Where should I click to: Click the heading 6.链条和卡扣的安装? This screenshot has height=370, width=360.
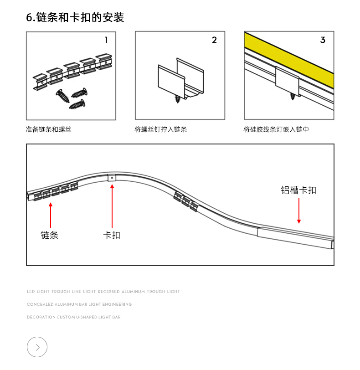(75, 18)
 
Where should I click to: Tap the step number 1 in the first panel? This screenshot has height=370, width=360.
(106, 40)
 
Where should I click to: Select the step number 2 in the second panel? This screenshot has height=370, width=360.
(214, 40)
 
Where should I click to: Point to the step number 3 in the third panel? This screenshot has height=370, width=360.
(323, 40)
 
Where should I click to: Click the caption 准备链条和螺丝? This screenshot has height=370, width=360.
(49, 129)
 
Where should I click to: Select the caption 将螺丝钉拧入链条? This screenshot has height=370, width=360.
(161, 129)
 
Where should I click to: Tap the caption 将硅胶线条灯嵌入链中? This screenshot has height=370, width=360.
(276, 129)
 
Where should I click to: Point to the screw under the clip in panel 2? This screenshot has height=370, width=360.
(178, 98)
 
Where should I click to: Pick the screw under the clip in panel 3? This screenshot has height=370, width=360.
(293, 96)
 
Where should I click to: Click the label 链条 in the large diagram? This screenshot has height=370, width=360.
(50, 235)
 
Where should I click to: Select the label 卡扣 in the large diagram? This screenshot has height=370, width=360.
(112, 235)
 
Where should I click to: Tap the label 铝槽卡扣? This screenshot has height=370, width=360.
(298, 190)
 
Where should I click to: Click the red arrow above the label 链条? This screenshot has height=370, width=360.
(51, 215)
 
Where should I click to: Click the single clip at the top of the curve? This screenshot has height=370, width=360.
(112, 178)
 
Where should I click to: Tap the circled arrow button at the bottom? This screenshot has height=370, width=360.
(37, 347)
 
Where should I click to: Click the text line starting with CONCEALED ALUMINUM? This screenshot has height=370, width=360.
(79, 304)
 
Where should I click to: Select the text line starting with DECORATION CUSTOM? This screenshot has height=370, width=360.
(74, 317)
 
